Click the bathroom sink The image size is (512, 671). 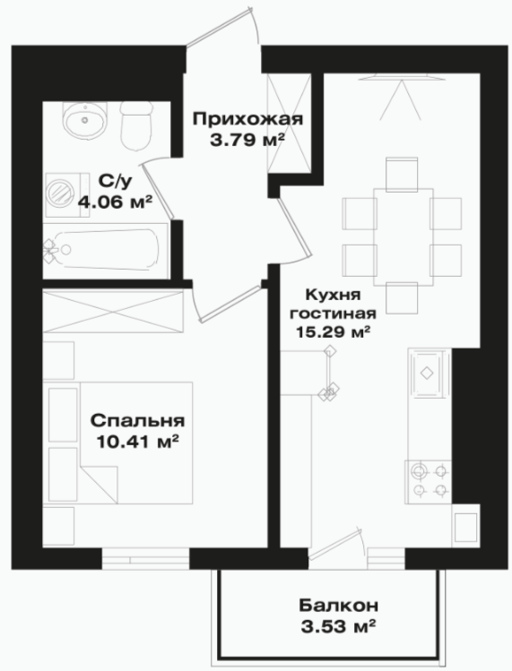(84, 121)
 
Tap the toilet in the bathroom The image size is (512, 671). (136, 125)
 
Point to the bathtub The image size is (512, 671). (105, 250)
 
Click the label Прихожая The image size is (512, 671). (247, 119)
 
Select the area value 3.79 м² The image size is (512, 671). (247, 140)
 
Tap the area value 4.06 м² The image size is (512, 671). (116, 201)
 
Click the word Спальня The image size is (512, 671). (137, 421)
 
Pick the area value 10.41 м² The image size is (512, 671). (137, 442)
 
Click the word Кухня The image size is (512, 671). (334, 295)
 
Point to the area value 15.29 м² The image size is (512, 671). (334, 331)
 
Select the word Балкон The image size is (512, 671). (338, 606)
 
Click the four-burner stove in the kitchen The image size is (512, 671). (428, 482)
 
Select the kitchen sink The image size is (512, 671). (427, 374)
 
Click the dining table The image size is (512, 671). (404, 237)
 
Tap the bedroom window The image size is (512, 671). (145, 558)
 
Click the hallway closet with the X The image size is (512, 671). (289, 124)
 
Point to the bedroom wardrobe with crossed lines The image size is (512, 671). (113, 311)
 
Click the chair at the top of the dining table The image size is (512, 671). (402, 174)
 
